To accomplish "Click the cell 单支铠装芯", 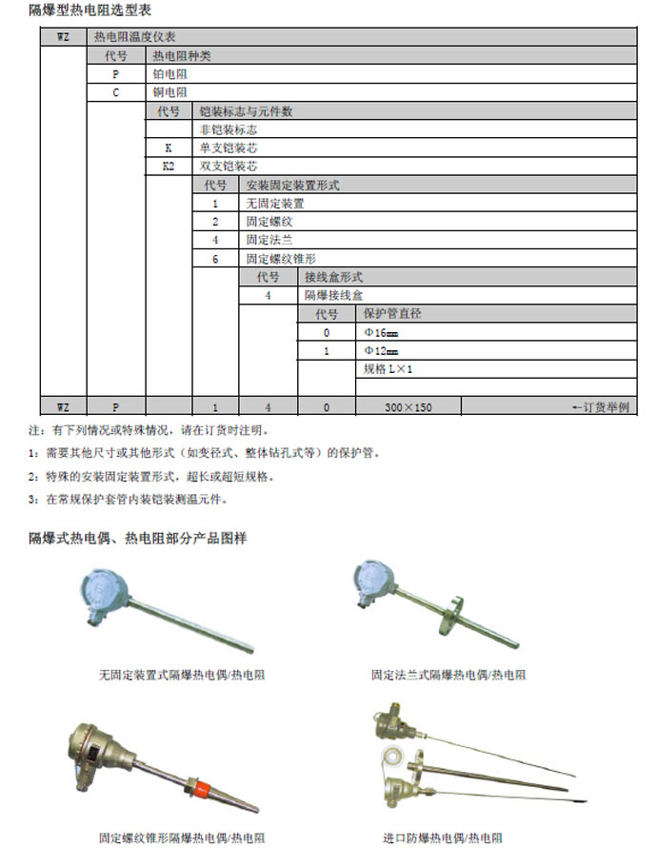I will tap(228, 148).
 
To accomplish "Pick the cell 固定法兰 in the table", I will tap(267, 241).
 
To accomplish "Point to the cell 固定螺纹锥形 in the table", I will tap(280, 259).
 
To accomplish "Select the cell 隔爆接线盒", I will tap(333, 296).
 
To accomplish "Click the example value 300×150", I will tap(408, 407).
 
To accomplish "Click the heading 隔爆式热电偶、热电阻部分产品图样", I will tap(137, 539).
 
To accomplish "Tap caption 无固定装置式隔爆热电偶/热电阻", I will tap(181, 675).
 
